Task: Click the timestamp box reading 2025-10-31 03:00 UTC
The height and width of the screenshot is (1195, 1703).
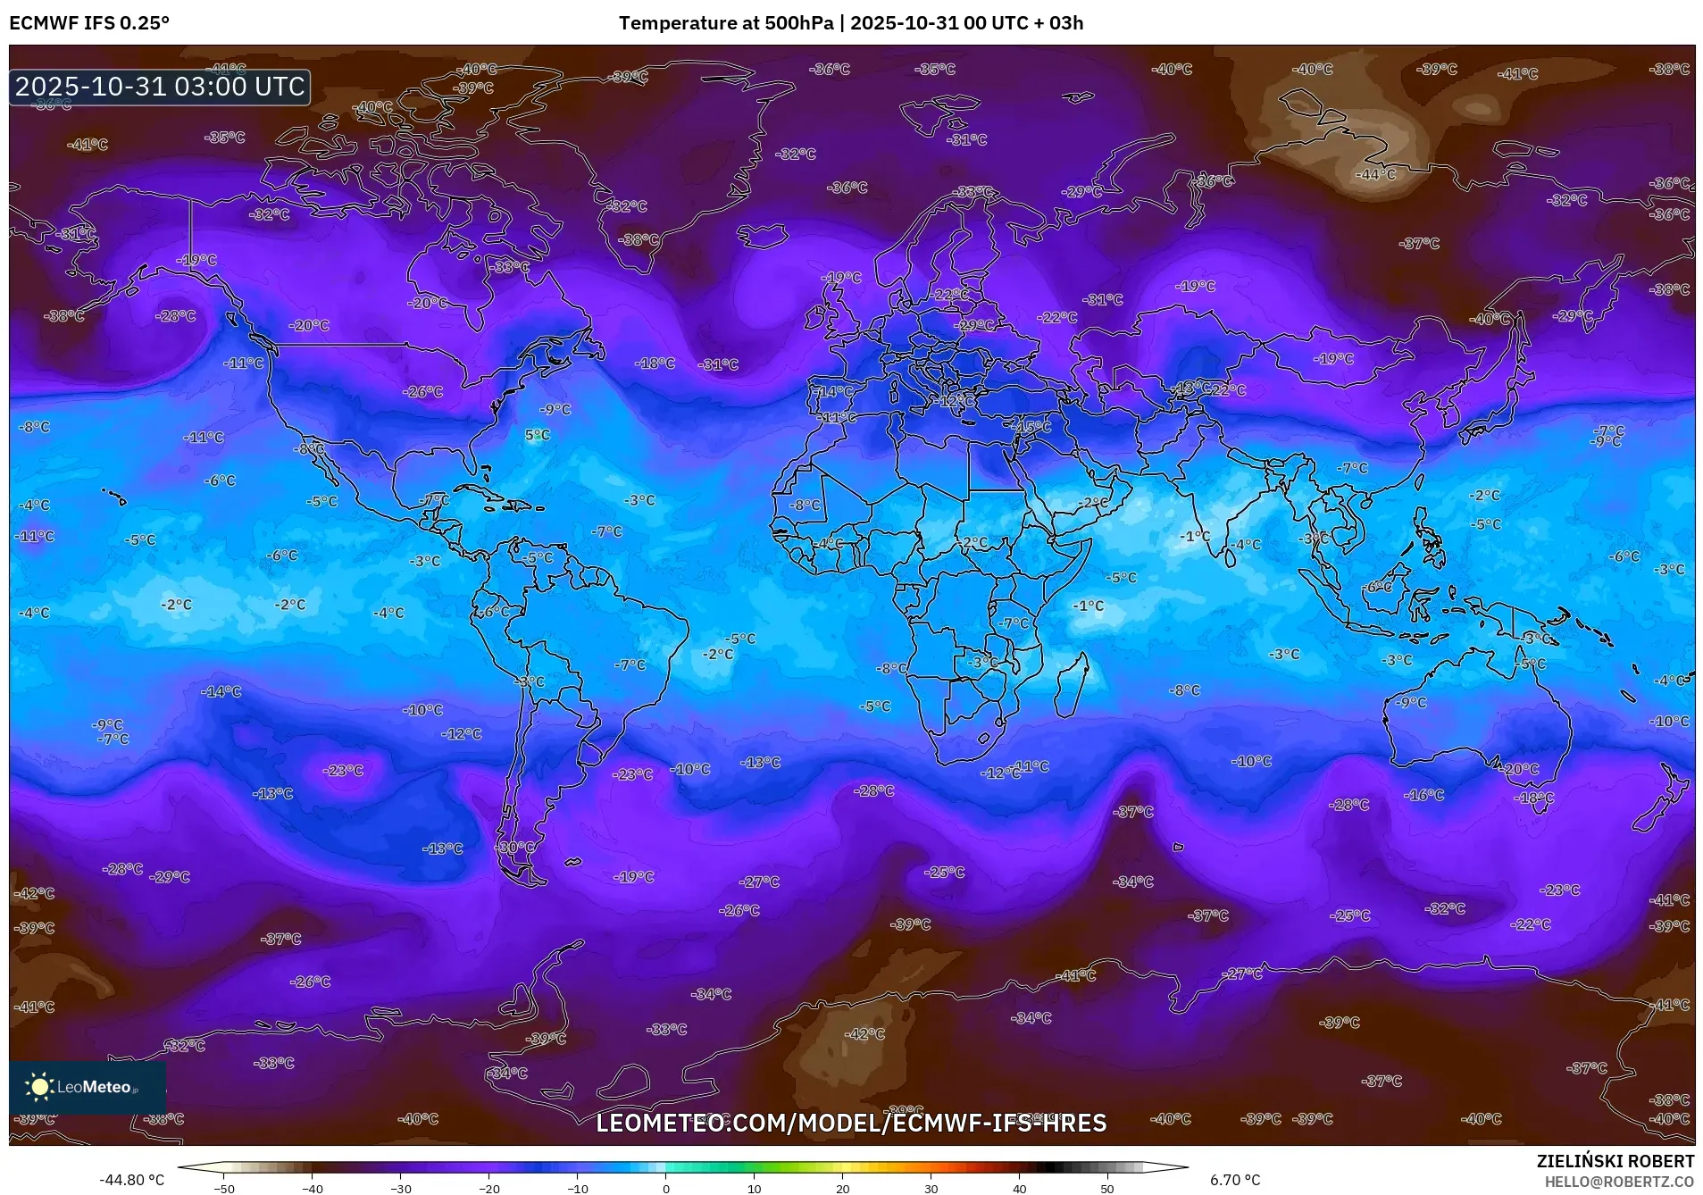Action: pyautogui.click(x=160, y=87)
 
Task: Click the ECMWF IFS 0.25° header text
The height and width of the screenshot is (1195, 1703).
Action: pyautogui.click(x=88, y=23)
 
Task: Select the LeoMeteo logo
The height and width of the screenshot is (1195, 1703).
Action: pyautogui.click(x=87, y=1086)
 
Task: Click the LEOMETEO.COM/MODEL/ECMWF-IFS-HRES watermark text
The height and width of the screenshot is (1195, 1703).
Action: pyautogui.click(x=851, y=1123)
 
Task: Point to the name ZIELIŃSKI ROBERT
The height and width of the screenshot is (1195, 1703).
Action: pyautogui.click(x=1615, y=1161)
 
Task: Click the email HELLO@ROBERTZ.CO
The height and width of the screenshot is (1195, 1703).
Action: pyautogui.click(x=1618, y=1182)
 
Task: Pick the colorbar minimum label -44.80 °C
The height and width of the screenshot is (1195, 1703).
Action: pyautogui.click(x=131, y=1180)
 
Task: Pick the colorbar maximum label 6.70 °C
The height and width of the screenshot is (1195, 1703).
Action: pyautogui.click(x=1235, y=1180)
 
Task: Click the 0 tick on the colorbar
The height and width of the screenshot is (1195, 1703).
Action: pyautogui.click(x=665, y=1188)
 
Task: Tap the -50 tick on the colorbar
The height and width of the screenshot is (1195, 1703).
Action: pyautogui.click(x=224, y=1188)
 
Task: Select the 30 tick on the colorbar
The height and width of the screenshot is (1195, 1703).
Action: pyautogui.click(x=931, y=1188)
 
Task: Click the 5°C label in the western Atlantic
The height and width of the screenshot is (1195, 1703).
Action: pyautogui.click(x=537, y=435)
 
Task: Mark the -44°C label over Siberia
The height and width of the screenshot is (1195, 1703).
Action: pyautogui.click(x=1375, y=174)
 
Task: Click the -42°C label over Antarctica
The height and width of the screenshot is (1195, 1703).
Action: pyautogui.click(x=864, y=1033)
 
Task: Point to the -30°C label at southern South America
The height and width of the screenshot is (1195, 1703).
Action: pyautogui.click(x=514, y=847)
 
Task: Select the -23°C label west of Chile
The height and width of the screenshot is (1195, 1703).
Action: pyautogui.click(x=343, y=770)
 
